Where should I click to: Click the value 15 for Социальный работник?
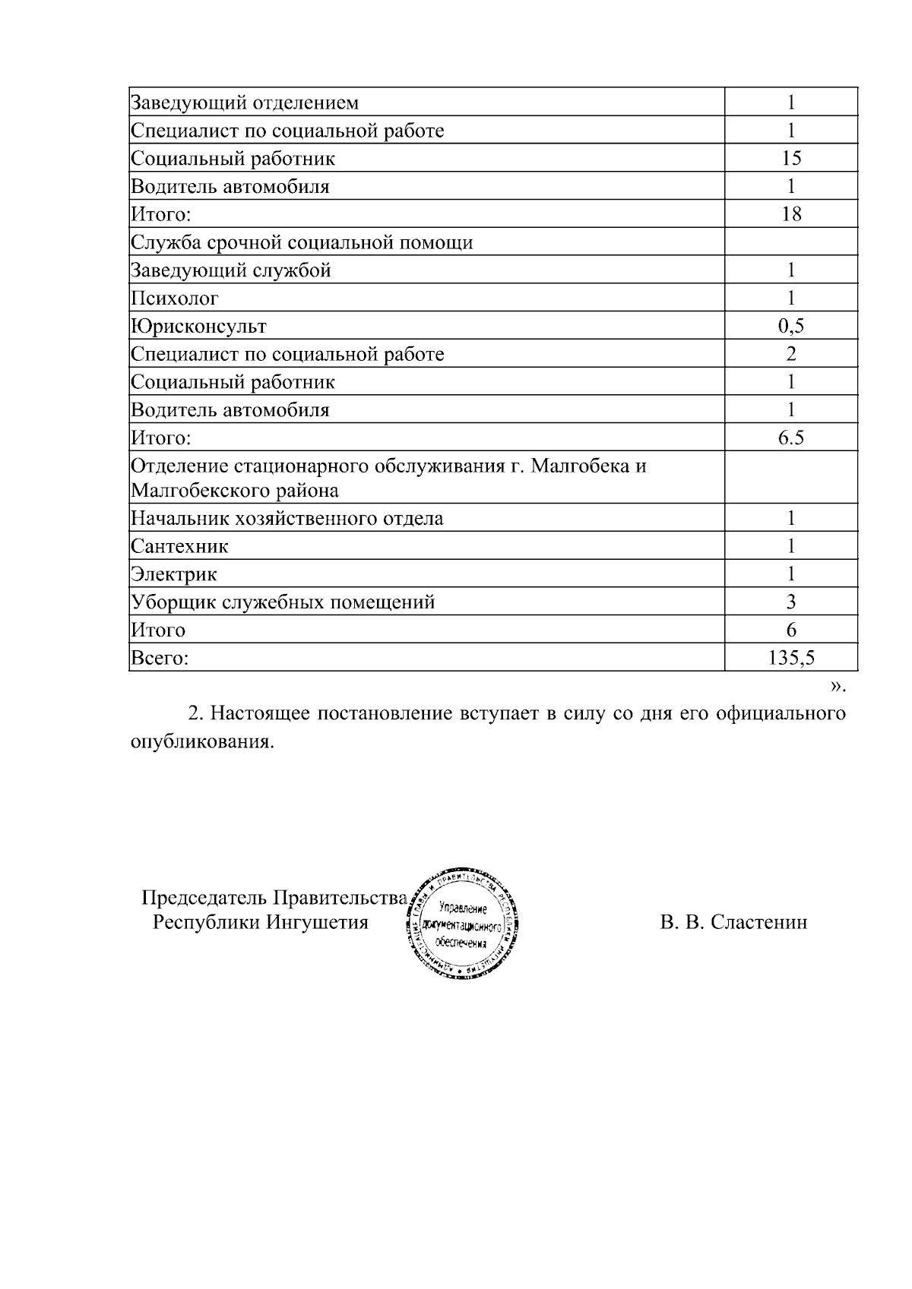tap(790, 158)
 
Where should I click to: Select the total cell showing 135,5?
tap(790, 658)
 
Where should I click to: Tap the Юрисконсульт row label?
tap(198, 327)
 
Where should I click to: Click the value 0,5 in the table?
tap(790, 327)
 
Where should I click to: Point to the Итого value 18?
tap(790, 213)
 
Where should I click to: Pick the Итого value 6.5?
tap(790, 438)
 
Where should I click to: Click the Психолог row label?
tap(175, 299)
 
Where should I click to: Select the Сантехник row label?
tap(179, 546)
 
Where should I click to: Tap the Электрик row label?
tap(174, 574)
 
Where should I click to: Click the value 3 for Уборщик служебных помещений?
tap(790, 602)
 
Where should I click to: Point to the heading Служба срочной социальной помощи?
tap(302, 242)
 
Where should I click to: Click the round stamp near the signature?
tap(464, 922)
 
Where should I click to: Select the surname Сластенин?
tap(759, 922)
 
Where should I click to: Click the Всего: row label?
tap(160, 658)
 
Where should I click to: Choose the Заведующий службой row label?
tap(231, 270)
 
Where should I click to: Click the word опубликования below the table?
tap(201, 741)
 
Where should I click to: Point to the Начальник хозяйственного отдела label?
tap(287, 519)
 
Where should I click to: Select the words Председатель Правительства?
tap(274, 898)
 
